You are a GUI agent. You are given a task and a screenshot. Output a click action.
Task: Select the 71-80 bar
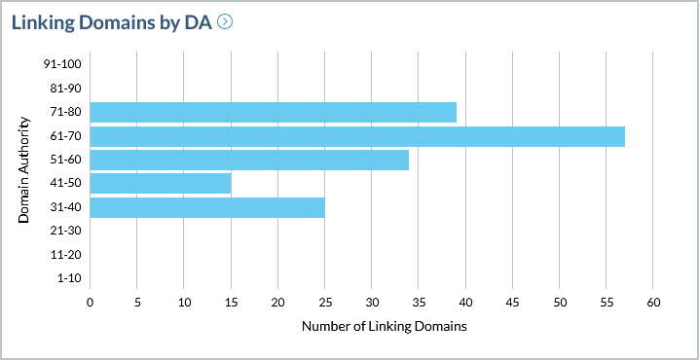[x=273, y=113]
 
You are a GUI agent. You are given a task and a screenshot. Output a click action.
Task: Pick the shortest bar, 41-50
[x=160, y=183]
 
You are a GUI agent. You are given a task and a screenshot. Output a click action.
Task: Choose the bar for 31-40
[x=206, y=207]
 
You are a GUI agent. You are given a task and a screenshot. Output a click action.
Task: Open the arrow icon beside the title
[x=226, y=21]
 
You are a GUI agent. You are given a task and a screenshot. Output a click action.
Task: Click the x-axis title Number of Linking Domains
[x=385, y=327]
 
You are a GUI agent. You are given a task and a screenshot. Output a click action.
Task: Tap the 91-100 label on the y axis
[x=63, y=64]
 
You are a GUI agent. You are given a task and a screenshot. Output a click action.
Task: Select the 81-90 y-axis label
[x=66, y=89]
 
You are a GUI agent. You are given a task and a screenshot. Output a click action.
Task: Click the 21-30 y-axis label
[x=66, y=231]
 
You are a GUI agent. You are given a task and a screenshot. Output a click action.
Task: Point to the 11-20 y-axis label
[x=66, y=254]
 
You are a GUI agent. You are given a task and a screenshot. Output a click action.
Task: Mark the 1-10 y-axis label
[x=69, y=278]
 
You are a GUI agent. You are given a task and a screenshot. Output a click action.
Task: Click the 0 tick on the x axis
[x=90, y=303]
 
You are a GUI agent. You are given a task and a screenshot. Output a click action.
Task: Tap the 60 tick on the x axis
[x=653, y=303]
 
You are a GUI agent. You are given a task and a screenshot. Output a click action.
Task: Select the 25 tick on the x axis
[x=324, y=303]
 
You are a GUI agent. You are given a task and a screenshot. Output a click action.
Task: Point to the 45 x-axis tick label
[x=512, y=303]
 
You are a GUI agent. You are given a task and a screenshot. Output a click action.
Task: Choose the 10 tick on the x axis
[x=184, y=303]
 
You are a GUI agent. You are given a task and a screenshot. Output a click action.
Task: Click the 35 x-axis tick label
[x=419, y=303]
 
